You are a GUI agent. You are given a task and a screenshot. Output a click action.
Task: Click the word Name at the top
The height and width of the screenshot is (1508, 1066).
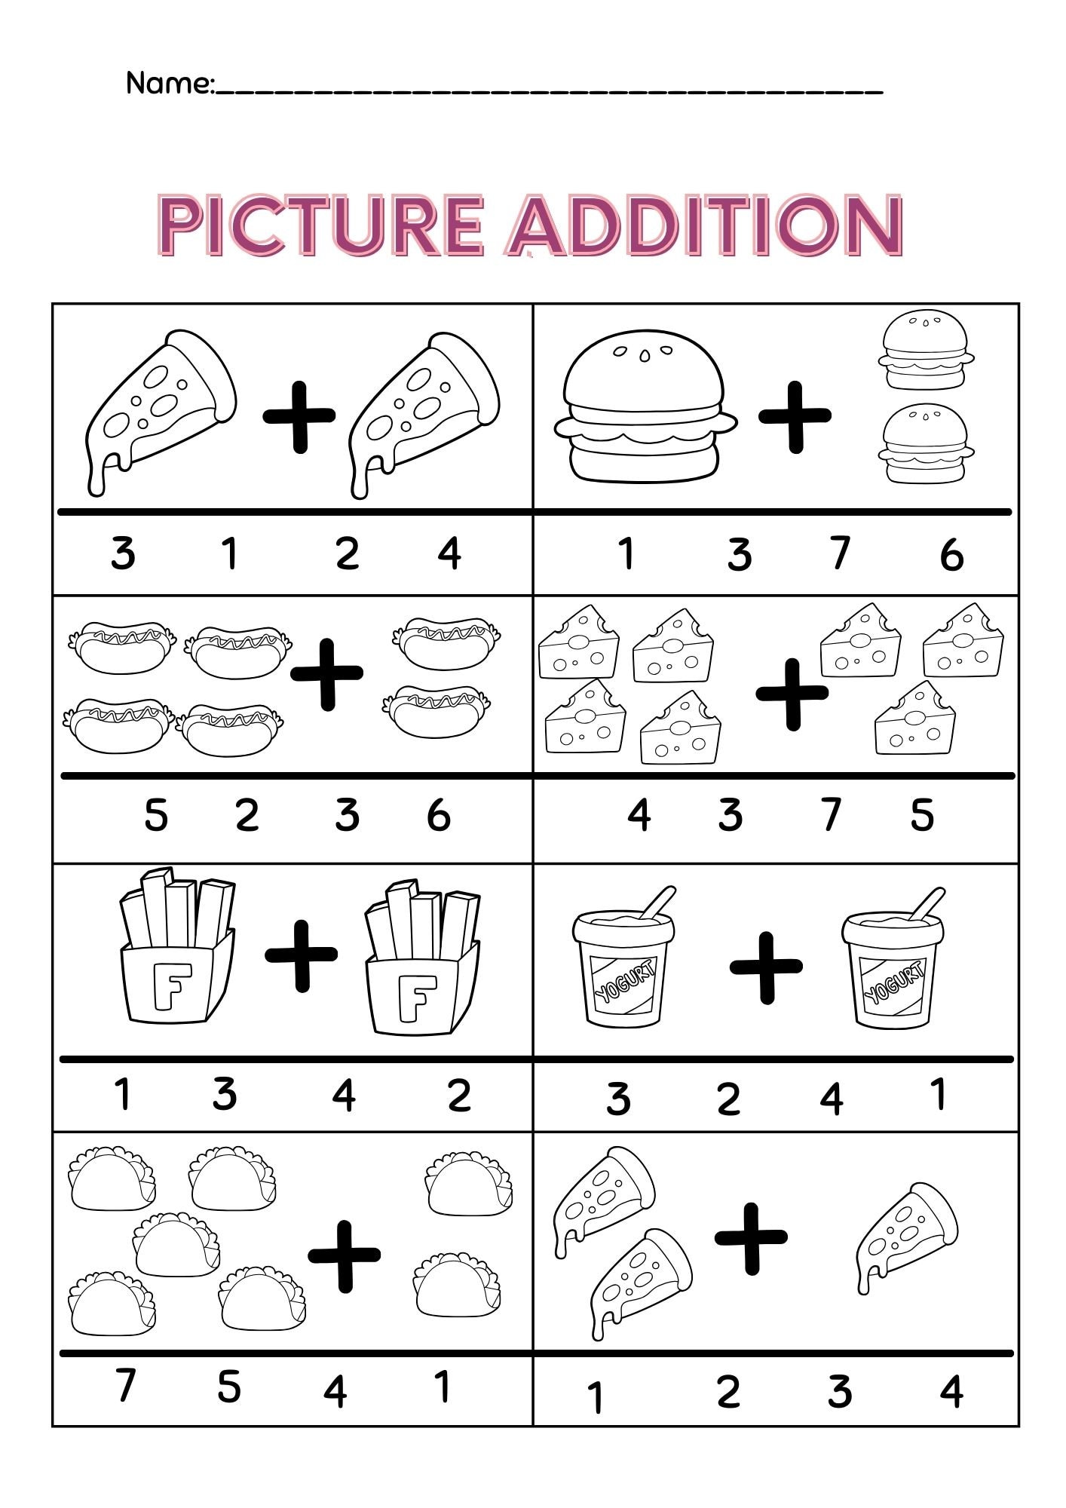pyautogui.click(x=169, y=83)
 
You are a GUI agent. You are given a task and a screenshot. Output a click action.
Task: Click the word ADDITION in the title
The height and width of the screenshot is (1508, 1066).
pyautogui.click(x=705, y=225)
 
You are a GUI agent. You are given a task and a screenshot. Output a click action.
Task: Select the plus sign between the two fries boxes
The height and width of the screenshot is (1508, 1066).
pyautogui.click(x=301, y=955)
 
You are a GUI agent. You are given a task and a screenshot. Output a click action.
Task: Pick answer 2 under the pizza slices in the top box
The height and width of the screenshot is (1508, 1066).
pyautogui.click(x=347, y=554)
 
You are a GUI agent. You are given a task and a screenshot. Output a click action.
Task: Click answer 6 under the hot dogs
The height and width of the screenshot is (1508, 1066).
pyautogui.click(x=439, y=815)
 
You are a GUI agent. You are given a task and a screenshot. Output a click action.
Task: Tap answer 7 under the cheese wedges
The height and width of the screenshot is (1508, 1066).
pyautogui.click(x=831, y=815)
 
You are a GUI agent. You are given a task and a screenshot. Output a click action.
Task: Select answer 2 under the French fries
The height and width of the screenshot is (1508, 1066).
pyautogui.click(x=459, y=1096)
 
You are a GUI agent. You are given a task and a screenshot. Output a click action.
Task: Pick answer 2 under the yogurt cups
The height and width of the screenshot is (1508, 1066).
pyautogui.click(x=728, y=1099)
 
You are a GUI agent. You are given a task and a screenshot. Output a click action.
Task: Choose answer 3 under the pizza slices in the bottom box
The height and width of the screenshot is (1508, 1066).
pyautogui.click(x=839, y=1392)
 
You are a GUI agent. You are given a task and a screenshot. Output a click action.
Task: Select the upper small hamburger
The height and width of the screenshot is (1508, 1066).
pyautogui.click(x=925, y=351)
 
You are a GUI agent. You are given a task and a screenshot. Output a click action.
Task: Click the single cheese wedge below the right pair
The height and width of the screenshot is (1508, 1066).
pyautogui.click(x=914, y=720)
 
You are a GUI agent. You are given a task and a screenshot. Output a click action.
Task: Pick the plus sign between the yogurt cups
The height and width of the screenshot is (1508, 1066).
pyautogui.click(x=765, y=967)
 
